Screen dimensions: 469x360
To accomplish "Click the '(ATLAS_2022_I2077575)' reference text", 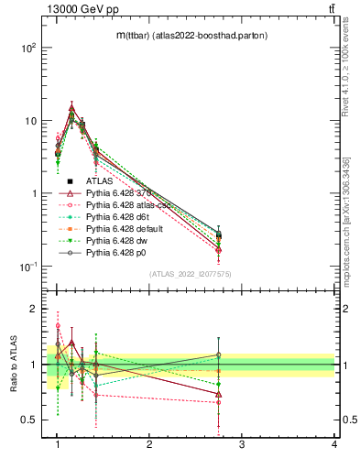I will click(190, 274).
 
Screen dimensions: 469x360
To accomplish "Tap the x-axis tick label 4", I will click(334, 443).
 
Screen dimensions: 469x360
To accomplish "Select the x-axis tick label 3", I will click(242, 443).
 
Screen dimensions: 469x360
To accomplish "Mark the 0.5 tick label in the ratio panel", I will click(28, 420).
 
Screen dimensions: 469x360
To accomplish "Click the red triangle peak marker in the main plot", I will click(71, 108).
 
